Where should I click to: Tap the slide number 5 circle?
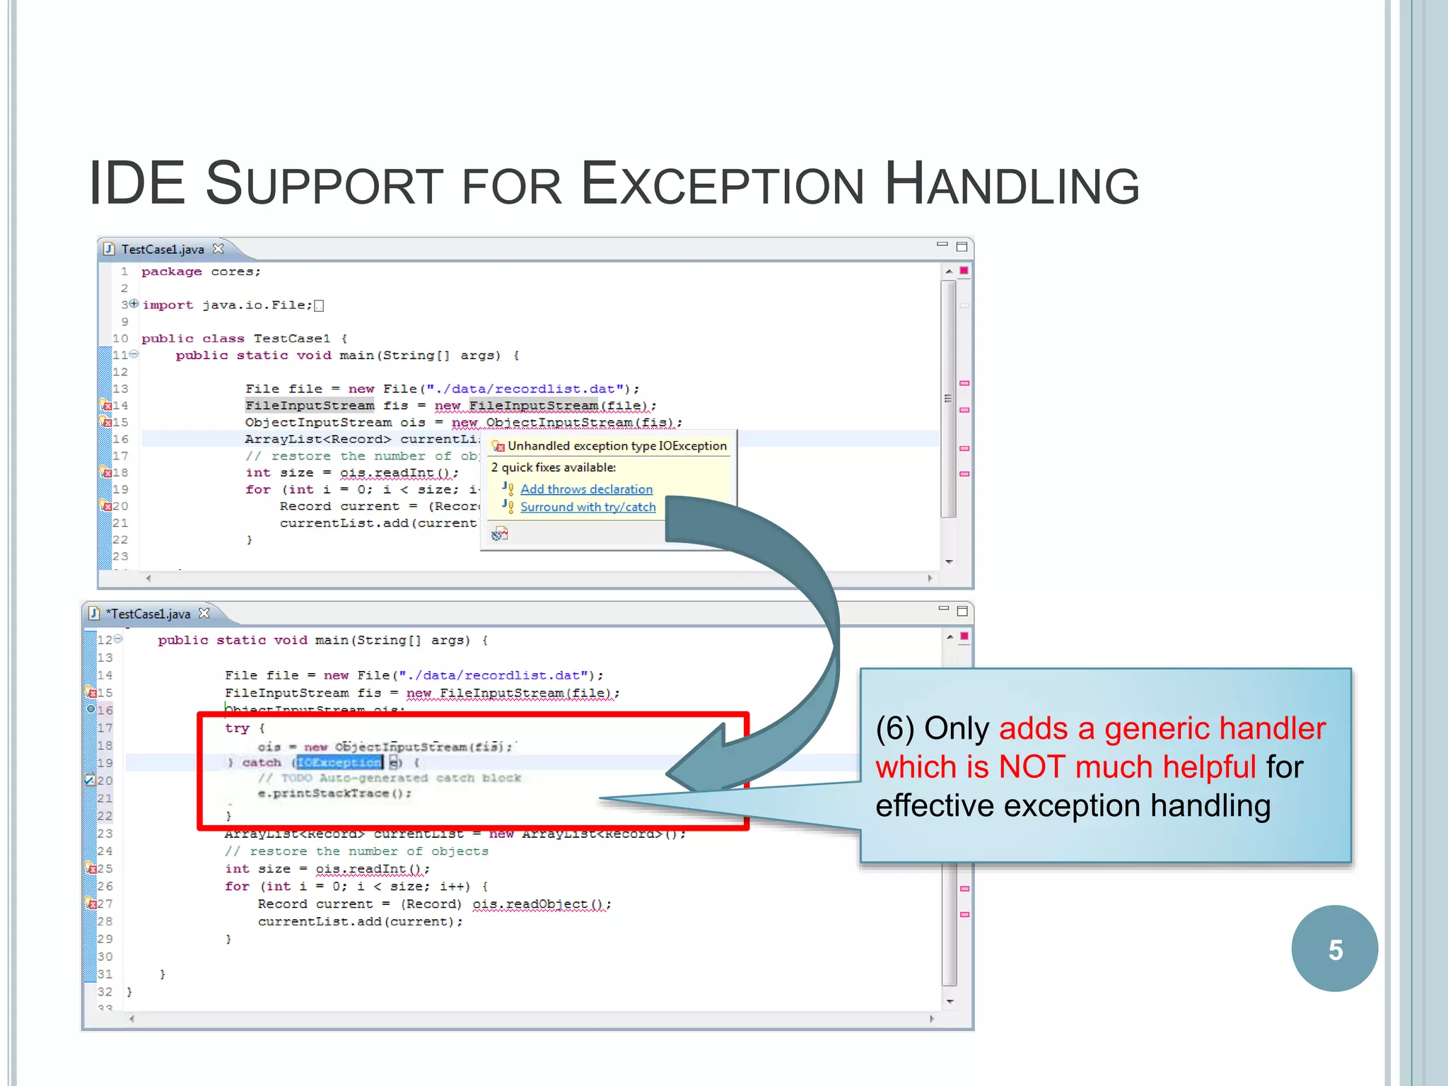1334,949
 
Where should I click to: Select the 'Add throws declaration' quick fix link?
586,489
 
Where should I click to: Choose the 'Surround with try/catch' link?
588,507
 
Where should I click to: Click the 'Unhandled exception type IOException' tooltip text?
617,446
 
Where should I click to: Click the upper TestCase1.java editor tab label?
162,249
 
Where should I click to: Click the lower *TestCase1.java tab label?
148,614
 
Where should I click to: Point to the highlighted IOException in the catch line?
339,762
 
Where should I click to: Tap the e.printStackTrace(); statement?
334,793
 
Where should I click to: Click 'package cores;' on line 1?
201,271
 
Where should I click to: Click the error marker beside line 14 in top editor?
105,405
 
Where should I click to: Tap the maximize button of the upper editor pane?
962,247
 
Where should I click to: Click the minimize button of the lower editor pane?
943,609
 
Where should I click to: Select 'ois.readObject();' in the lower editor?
541,904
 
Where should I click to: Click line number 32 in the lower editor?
105,992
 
